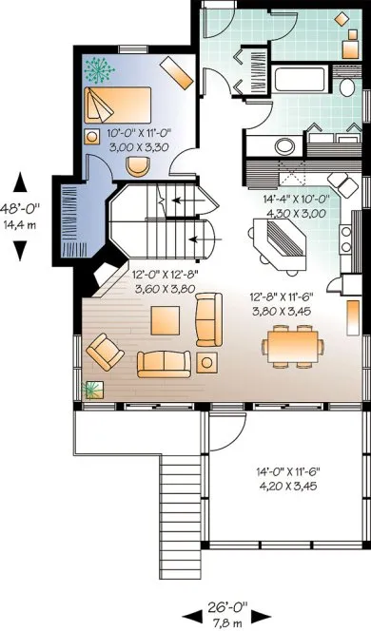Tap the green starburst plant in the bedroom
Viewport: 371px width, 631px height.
coord(96,68)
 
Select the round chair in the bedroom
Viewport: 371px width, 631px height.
coord(139,163)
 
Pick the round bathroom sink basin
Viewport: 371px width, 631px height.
coord(283,146)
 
